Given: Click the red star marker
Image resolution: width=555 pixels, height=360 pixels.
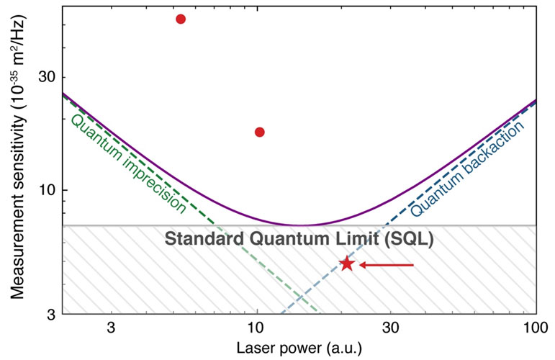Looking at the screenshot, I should pos(347,264).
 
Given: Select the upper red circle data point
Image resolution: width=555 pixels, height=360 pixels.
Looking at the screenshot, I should pos(181,19).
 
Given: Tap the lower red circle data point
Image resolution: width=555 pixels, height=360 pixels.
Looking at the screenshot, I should pos(260,132).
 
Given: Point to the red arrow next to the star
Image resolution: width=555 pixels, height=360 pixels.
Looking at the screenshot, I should pos(387,266).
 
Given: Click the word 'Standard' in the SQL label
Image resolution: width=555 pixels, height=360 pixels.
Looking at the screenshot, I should pos(198,239).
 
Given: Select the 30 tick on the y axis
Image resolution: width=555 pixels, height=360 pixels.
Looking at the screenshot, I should pos(47,77).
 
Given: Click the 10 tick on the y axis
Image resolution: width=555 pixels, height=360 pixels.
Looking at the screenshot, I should pos(47,190).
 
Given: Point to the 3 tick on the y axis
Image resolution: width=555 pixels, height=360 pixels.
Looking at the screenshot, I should pos(50,314).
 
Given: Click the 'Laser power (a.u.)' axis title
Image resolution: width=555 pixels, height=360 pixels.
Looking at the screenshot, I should pos(298,348).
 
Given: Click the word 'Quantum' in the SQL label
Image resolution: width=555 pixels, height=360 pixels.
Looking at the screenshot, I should pos(278,239).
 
